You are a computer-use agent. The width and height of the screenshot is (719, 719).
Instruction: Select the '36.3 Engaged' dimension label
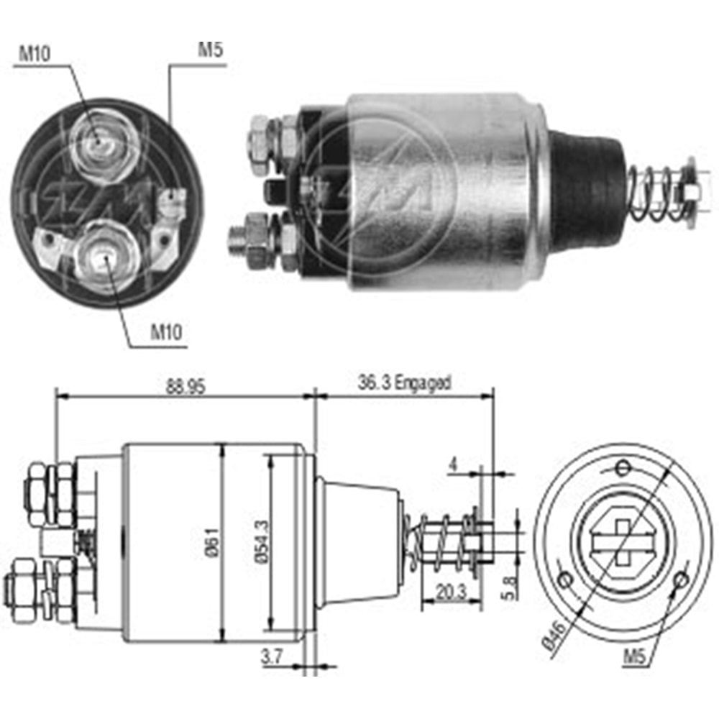tap(405, 383)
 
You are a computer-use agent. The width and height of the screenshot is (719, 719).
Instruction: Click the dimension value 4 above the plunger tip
tap(452, 464)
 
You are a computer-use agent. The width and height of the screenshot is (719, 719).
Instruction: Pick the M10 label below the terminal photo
tap(165, 331)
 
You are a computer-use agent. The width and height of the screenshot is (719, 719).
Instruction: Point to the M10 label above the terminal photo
tap(34, 52)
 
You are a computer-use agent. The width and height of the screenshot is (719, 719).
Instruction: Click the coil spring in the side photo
tap(656, 193)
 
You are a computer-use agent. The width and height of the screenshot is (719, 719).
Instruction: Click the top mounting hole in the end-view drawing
tap(623, 469)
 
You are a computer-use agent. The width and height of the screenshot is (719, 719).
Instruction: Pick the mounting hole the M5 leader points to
tap(679, 580)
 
